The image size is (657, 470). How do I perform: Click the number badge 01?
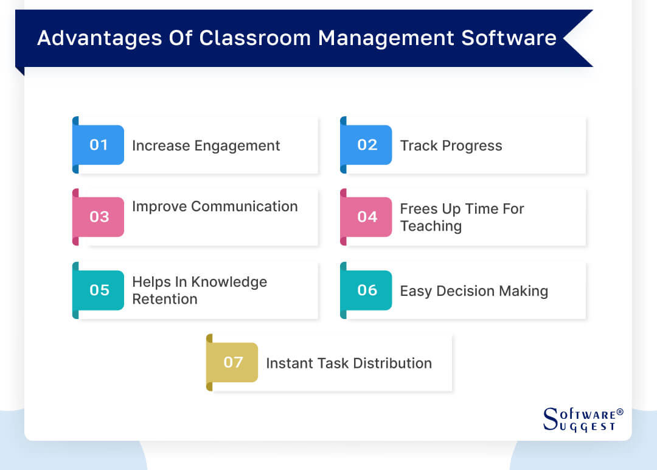[x=99, y=145]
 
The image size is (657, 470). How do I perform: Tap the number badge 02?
[x=367, y=145]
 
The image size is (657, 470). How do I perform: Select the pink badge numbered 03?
[x=99, y=217]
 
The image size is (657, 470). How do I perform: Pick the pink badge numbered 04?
[x=367, y=217]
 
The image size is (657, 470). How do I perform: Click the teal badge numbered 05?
[x=99, y=290]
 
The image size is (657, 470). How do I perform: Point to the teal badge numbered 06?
[x=367, y=290]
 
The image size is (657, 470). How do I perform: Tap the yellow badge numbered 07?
[x=233, y=362]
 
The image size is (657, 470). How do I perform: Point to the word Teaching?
[x=431, y=226]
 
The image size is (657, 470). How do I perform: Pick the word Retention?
[x=164, y=299]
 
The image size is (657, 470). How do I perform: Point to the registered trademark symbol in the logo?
[x=620, y=412]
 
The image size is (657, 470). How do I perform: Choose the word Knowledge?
[x=229, y=282]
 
